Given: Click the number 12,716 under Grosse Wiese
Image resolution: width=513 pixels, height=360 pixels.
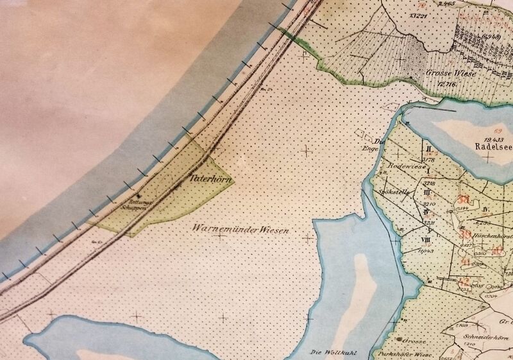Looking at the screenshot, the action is (446, 84).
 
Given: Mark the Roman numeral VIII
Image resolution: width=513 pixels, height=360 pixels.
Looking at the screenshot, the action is (426, 239).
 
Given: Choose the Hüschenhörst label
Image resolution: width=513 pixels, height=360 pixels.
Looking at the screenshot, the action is (492, 236).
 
